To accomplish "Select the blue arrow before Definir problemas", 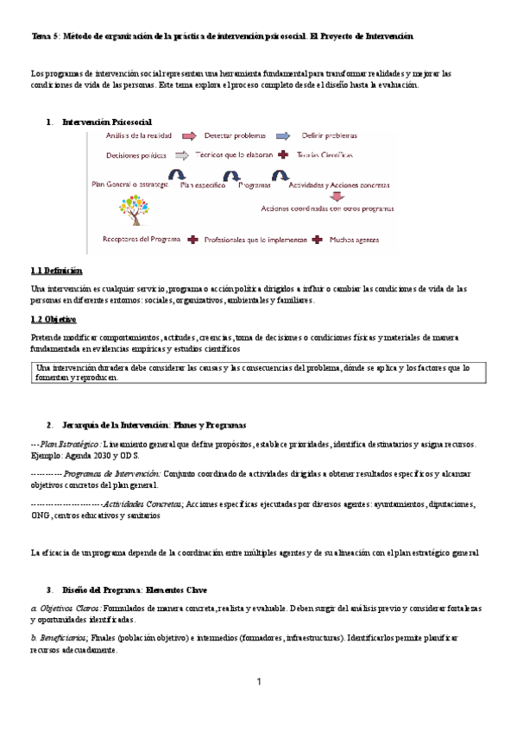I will (284, 135).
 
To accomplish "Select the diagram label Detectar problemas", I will (236, 135).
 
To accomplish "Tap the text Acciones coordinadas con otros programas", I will (322, 209).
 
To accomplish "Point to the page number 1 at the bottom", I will (258, 683).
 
